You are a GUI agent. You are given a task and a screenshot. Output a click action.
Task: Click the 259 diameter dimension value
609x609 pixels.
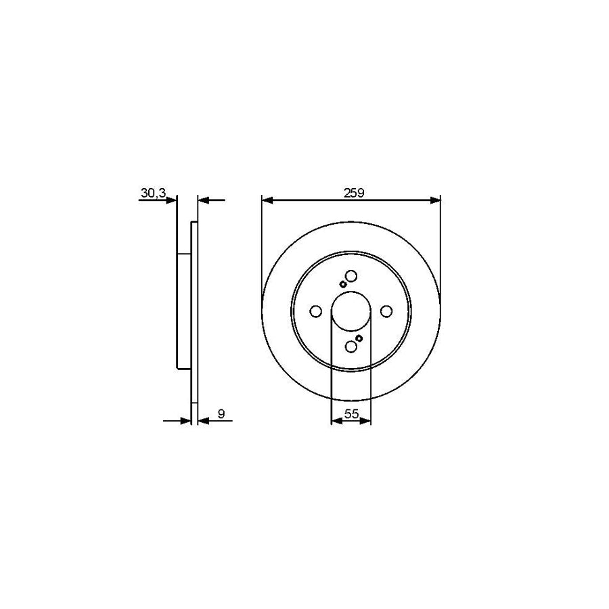(353, 193)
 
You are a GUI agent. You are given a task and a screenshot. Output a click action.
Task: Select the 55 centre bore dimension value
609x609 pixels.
(351, 414)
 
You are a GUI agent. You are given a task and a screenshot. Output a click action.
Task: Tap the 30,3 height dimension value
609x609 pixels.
(153, 194)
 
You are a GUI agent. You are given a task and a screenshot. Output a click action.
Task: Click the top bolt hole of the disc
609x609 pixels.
(351, 275)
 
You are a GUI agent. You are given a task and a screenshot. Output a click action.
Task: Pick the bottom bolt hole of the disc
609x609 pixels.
(351, 346)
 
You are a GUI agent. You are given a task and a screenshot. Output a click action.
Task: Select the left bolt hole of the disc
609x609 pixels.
(315, 311)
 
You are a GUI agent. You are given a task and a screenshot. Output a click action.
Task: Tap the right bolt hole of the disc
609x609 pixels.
(386, 311)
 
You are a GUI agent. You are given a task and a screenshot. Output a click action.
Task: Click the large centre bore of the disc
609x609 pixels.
(351, 311)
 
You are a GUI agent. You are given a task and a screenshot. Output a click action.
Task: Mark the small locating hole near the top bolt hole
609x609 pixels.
(342, 285)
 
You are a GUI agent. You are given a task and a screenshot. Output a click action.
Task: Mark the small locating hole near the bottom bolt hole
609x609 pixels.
(359, 338)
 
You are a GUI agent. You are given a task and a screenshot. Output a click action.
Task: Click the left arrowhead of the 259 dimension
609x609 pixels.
(267, 200)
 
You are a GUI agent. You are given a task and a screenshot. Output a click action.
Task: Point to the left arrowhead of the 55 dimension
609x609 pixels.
(335, 422)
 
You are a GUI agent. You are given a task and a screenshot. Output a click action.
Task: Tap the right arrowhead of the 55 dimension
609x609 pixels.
(367, 422)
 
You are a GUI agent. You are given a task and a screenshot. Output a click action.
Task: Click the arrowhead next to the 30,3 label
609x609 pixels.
(172, 200)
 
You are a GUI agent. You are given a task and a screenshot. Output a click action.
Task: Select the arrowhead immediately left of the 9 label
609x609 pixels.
(202, 421)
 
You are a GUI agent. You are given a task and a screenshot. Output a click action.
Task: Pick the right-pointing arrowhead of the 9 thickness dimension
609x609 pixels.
(187, 421)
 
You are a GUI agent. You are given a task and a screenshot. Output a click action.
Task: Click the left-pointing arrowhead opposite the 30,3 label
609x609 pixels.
(203, 200)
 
